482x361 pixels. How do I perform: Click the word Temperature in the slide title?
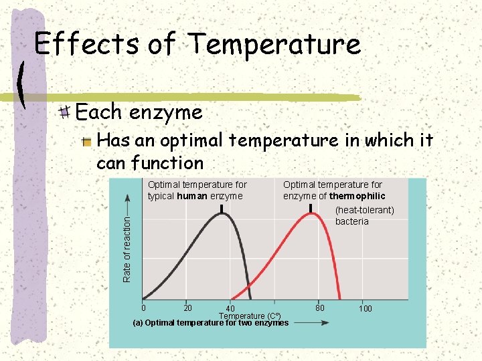[274, 44]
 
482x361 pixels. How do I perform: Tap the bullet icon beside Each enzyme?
[65, 112]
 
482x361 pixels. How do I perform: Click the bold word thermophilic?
[357, 196]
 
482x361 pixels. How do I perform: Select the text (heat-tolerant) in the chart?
[365, 210]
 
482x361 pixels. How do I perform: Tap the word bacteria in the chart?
[351, 221]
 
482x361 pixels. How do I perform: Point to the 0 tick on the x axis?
[143, 308]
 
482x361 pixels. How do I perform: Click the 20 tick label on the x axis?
[188, 308]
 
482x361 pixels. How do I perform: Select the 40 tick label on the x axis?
[230, 309]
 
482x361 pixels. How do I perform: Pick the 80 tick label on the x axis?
[320, 308]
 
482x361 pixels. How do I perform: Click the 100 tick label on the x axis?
[366, 308]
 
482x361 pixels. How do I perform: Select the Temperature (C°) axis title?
[250, 316]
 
